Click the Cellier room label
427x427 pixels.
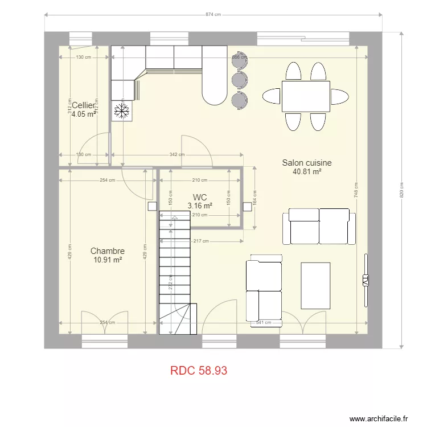pos(83,105)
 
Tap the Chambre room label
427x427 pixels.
pos(108,251)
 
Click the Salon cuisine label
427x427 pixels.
pos(307,163)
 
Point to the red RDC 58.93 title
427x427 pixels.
pos(199,371)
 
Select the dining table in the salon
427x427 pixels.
pos(306,96)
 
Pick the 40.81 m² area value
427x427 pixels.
pos(307,171)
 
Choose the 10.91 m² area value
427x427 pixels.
pos(108,260)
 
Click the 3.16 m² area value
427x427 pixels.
pos(200,206)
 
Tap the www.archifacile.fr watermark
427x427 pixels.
pos(378,418)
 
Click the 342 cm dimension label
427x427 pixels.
pos(177,155)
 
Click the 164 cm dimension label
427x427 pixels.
pos(254,198)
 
